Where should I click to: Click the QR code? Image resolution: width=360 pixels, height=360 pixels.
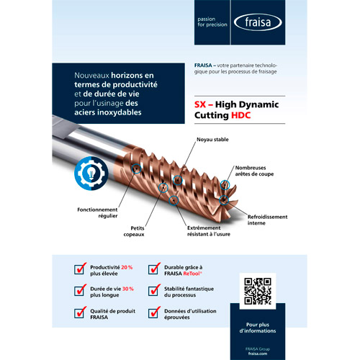coord(258,290)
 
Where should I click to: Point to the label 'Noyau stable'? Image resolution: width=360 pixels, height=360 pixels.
coord(212,139)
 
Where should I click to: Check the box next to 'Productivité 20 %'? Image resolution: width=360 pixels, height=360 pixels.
coord(80,269)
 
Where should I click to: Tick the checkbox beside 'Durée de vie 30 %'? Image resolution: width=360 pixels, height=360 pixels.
coord(80,291)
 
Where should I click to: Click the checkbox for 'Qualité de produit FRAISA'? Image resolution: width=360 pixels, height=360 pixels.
coord(80,313)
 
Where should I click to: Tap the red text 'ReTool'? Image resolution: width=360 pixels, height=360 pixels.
coord(191,274)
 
